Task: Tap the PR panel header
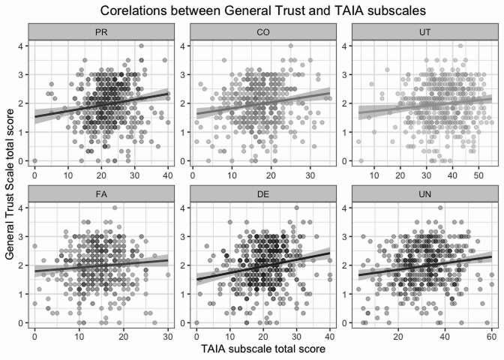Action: click(x=100, y=33)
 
